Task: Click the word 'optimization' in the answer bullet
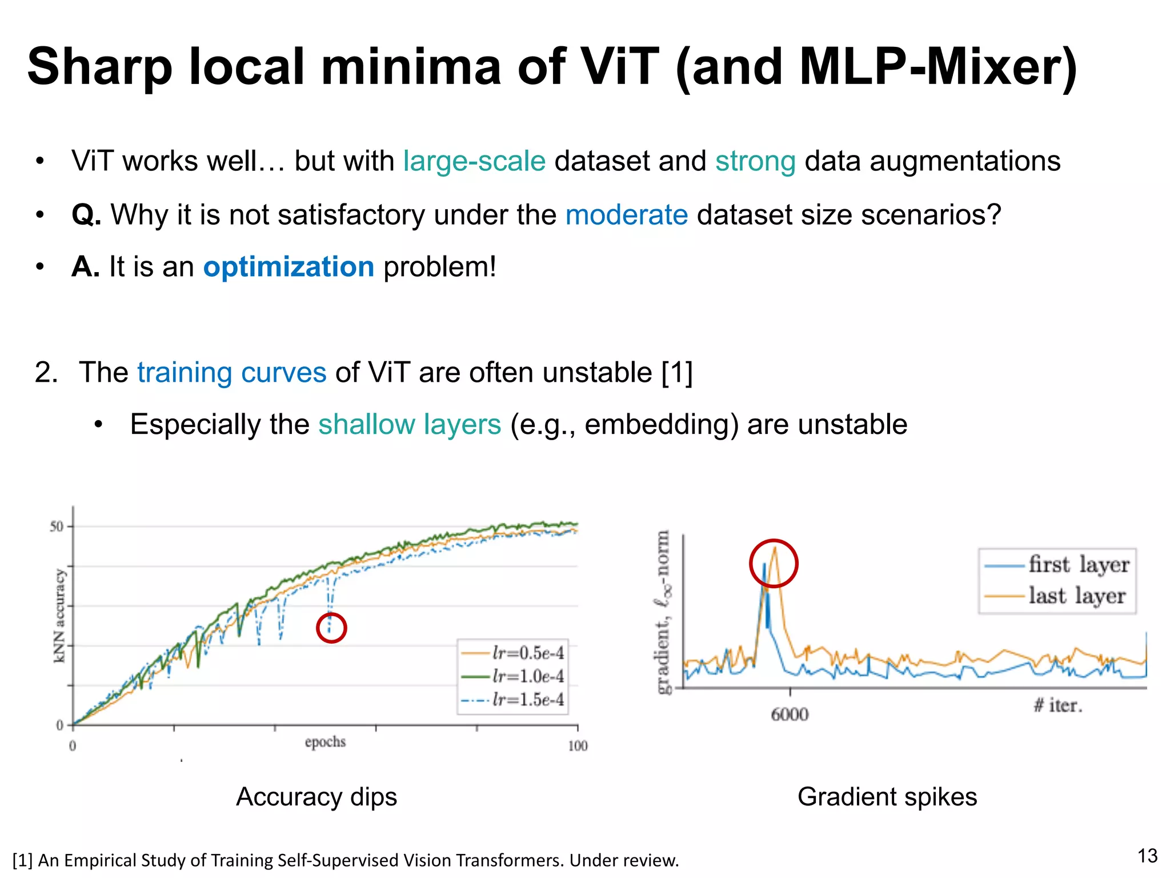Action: coord(289,268)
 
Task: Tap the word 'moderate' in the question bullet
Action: coord(626,215)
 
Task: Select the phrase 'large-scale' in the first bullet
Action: coord(474,161)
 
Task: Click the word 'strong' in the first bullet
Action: coord(755,161)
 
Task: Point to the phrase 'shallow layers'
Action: coord(410,425)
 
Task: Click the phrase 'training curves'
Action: coord(231,373)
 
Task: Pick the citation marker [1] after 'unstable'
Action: coord(676,373)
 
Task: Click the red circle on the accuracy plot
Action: coord(331,628)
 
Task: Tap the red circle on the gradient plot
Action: coord(773,563)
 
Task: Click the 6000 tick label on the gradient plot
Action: coord(790,715)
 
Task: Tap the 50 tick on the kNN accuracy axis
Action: coord(56,526)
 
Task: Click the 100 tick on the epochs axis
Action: coord(578,746)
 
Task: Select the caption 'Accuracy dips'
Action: coord(316,797)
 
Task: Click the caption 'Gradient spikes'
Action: coord(887,797)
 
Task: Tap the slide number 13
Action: coord(1147,856)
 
